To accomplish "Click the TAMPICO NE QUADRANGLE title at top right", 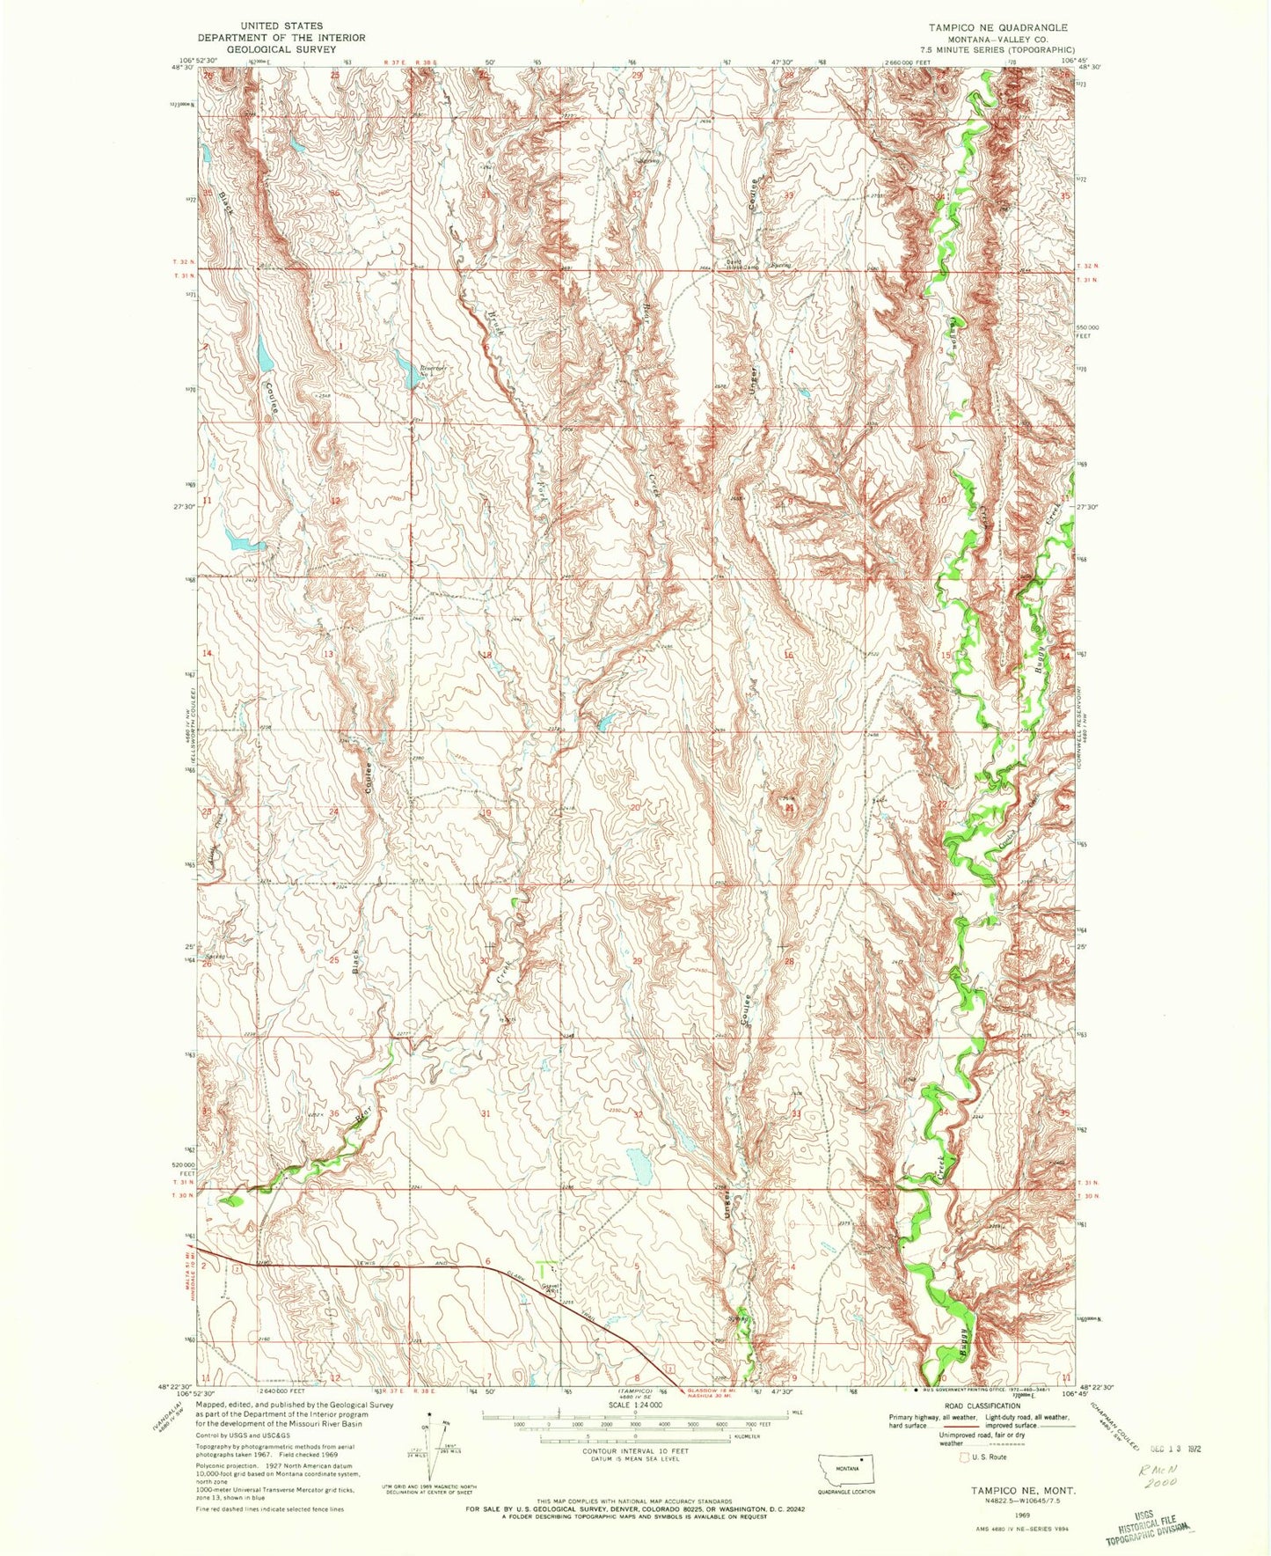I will (x=991, y=27).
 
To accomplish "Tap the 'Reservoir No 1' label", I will (x=433, y=371).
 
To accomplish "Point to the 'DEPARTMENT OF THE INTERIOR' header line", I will (x=281, y=38).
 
